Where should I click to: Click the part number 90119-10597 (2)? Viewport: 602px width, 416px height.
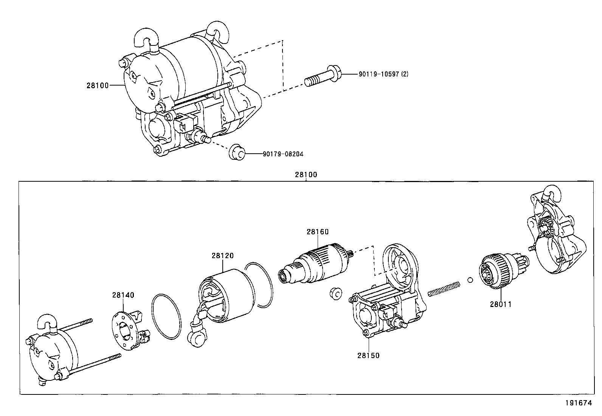[x=383, y=74]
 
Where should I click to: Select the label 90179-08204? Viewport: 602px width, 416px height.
[x=283, y=154]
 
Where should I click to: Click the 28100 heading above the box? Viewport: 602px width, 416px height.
[x=306, y=175]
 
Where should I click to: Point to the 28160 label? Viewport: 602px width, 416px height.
[x=318, y=232]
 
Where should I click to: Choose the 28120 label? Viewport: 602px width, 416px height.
[x=222, y=256]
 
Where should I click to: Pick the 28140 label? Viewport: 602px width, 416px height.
[x=123, y=295]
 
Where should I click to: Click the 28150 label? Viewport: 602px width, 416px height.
[x=368, y=355]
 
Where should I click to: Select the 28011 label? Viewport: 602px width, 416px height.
[x=500, y=304]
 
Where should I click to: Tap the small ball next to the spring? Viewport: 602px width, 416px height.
[x=470, y=280]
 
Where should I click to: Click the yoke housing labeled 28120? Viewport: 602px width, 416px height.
[x=227, y=295]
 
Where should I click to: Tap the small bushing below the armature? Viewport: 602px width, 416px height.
[x=335, y=293]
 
